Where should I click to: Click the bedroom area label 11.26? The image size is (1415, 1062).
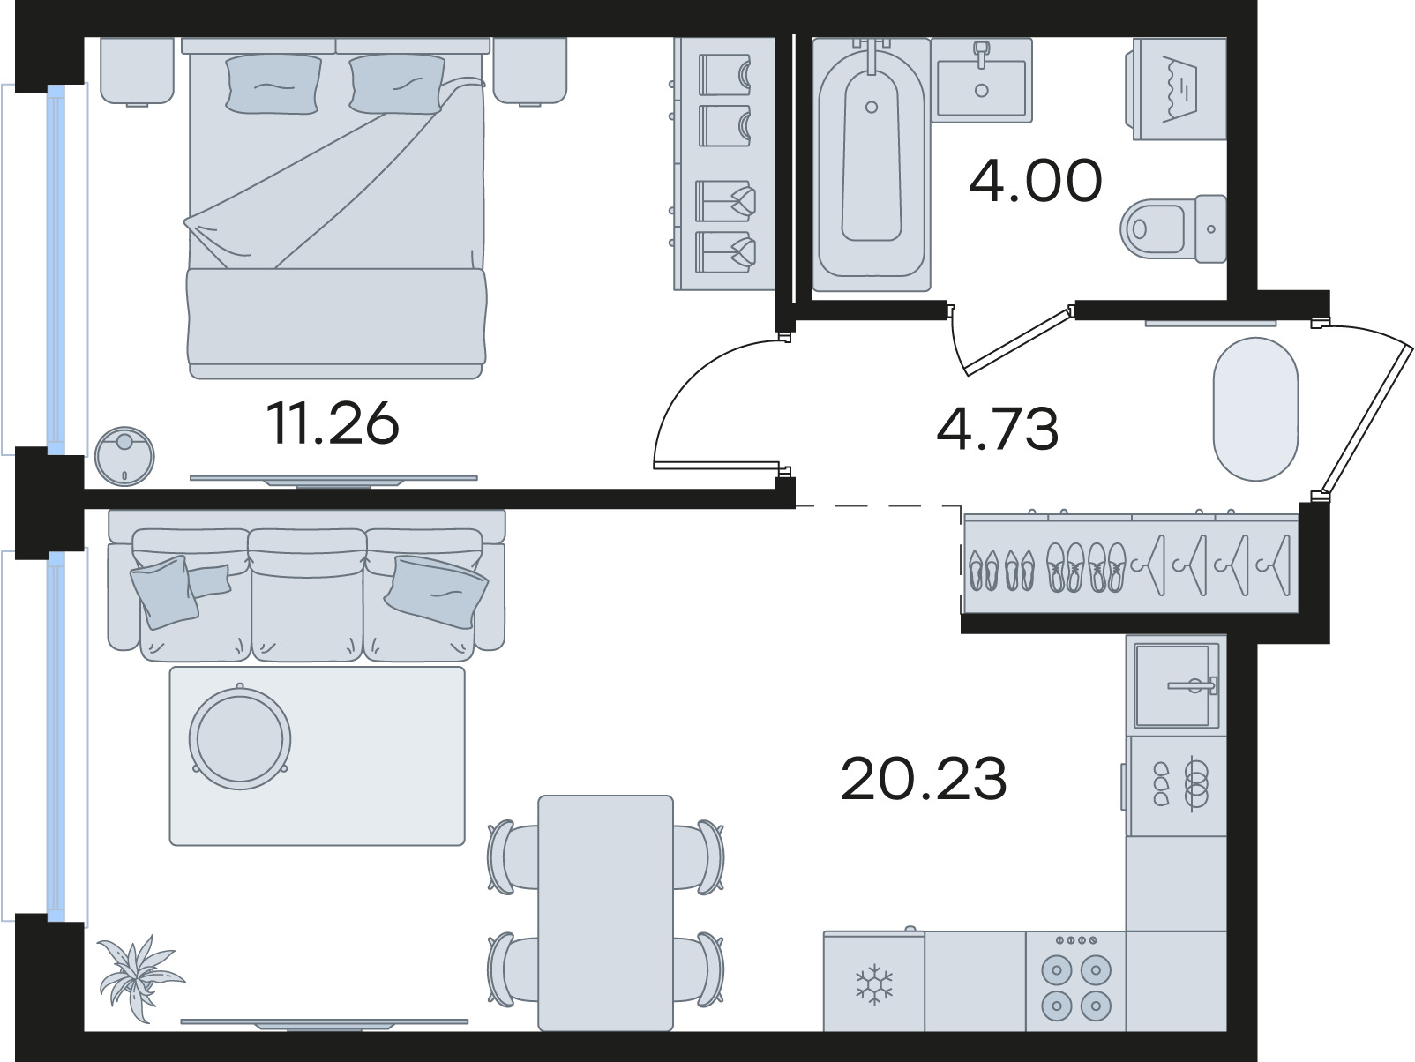tap(333, 423)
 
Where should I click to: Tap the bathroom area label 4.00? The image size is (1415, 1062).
tap(1036, 181)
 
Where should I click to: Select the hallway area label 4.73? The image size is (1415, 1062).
tap(997, 429)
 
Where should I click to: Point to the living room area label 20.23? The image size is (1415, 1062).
tap(923, 779)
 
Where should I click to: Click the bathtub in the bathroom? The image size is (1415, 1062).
tap(872, 164)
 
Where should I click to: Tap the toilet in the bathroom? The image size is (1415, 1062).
tap(1173, 228)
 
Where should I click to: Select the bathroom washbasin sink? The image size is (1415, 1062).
tap(982, 80)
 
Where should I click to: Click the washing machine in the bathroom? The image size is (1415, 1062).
tap(1177, 89)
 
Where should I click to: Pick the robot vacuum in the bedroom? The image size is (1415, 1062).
tap(124, 456)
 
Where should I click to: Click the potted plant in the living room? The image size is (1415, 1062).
tap(139, 977)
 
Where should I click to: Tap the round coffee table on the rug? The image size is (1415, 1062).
tap(240, 738)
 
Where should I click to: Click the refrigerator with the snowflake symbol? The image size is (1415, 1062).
tap(873, 981)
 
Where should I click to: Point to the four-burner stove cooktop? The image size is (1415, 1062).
tap(1076, 981)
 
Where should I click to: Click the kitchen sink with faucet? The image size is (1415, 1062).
tap(1177, 685)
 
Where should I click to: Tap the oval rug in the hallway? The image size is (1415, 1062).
tap(1256, 409)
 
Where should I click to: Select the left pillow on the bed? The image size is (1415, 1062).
tap(273, 85)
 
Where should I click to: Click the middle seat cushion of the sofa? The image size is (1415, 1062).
tap(307, 595)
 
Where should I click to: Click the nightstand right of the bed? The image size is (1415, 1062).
tap(530, 71)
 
